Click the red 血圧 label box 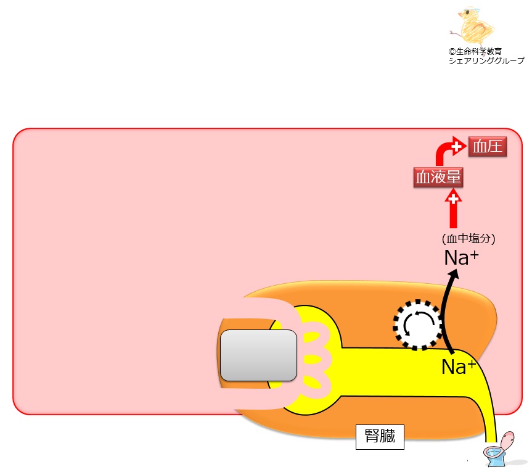pyautogui.click(x=488, y=147)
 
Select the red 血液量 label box pyautogui.click(x=438, y=178)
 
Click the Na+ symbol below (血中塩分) pyautogui.click(x=461, y=258)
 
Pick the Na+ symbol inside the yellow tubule pyautogui.click(x=459, y=366)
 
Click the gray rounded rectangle pyautogui.click(x=259, y=355)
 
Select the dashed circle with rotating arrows pyautogui.click(x=419, y=325)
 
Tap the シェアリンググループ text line pyautogui.click(x=486, y=60)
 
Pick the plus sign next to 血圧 pyautogui.click(x=457, y=147)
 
